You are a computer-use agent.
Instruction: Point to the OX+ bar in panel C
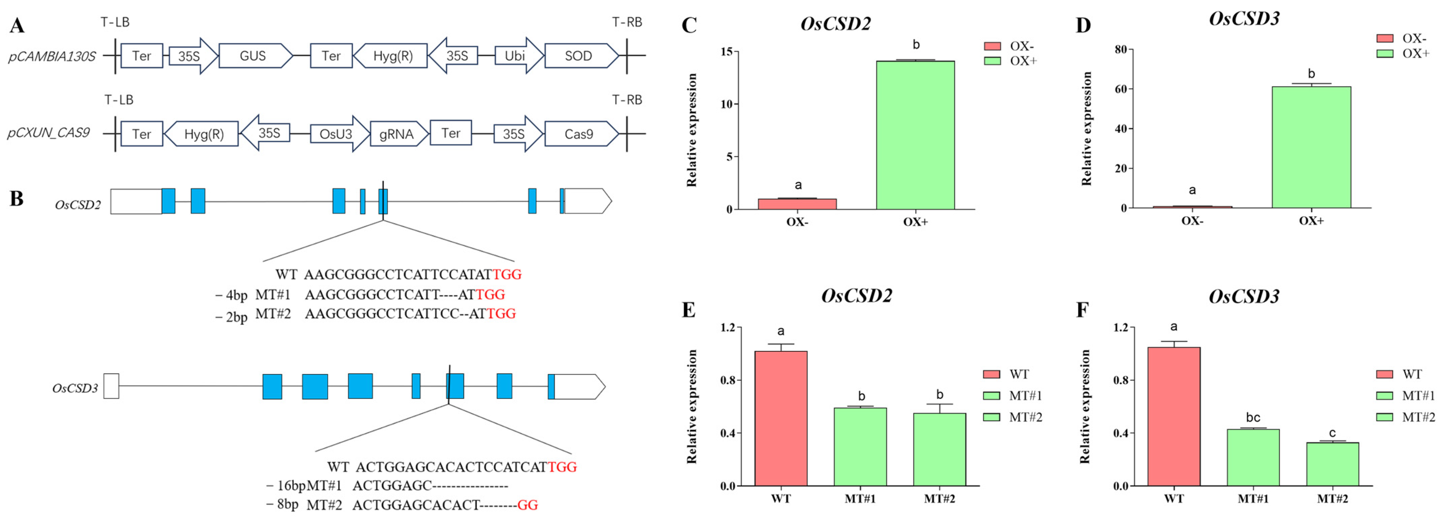(915, 135)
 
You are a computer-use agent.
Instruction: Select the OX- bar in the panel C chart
(797, 204)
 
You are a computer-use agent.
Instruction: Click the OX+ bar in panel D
(1311, 147)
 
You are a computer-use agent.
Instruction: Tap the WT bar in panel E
(781, 418)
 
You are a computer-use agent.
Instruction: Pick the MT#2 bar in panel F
(1332, 464)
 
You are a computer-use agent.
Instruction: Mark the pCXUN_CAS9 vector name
(49, 134)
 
